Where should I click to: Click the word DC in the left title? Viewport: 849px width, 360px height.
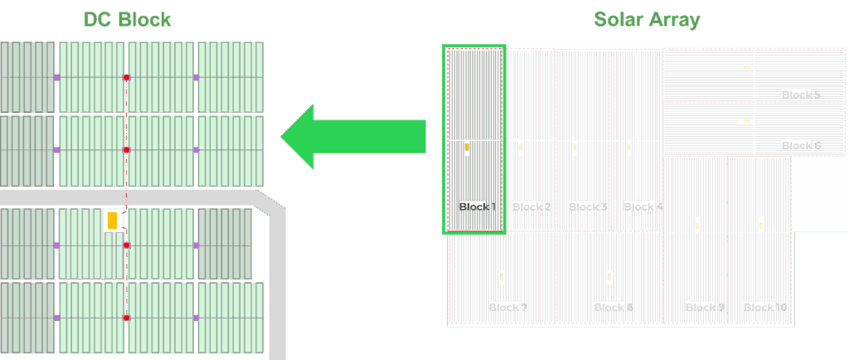[x=97, y=19]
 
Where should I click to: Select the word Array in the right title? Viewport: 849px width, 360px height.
[x=673, y=19]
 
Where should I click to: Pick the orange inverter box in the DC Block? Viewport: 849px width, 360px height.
[x=112, y=221]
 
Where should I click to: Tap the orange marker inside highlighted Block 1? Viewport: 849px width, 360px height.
[x=467, y=147]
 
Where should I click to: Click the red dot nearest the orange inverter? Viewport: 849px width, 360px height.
[x=126, y=246]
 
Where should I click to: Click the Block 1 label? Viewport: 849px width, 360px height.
[x=477, y=207]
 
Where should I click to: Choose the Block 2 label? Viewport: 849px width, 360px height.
[x=531, y=207]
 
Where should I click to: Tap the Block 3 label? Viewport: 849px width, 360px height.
[x=588, y=207]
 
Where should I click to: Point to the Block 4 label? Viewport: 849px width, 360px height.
[x=643, y=207]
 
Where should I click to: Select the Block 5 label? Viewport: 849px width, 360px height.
[x=801, y=95]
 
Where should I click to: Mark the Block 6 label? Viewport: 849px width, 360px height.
[x=801, y=146]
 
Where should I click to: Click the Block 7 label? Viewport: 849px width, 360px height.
[x=508, y=308]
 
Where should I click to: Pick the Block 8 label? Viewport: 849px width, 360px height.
[x=614, y=308]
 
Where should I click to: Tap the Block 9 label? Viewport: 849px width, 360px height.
[x=705, y=308]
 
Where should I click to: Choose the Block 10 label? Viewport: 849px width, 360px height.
[x=765, y=308]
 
